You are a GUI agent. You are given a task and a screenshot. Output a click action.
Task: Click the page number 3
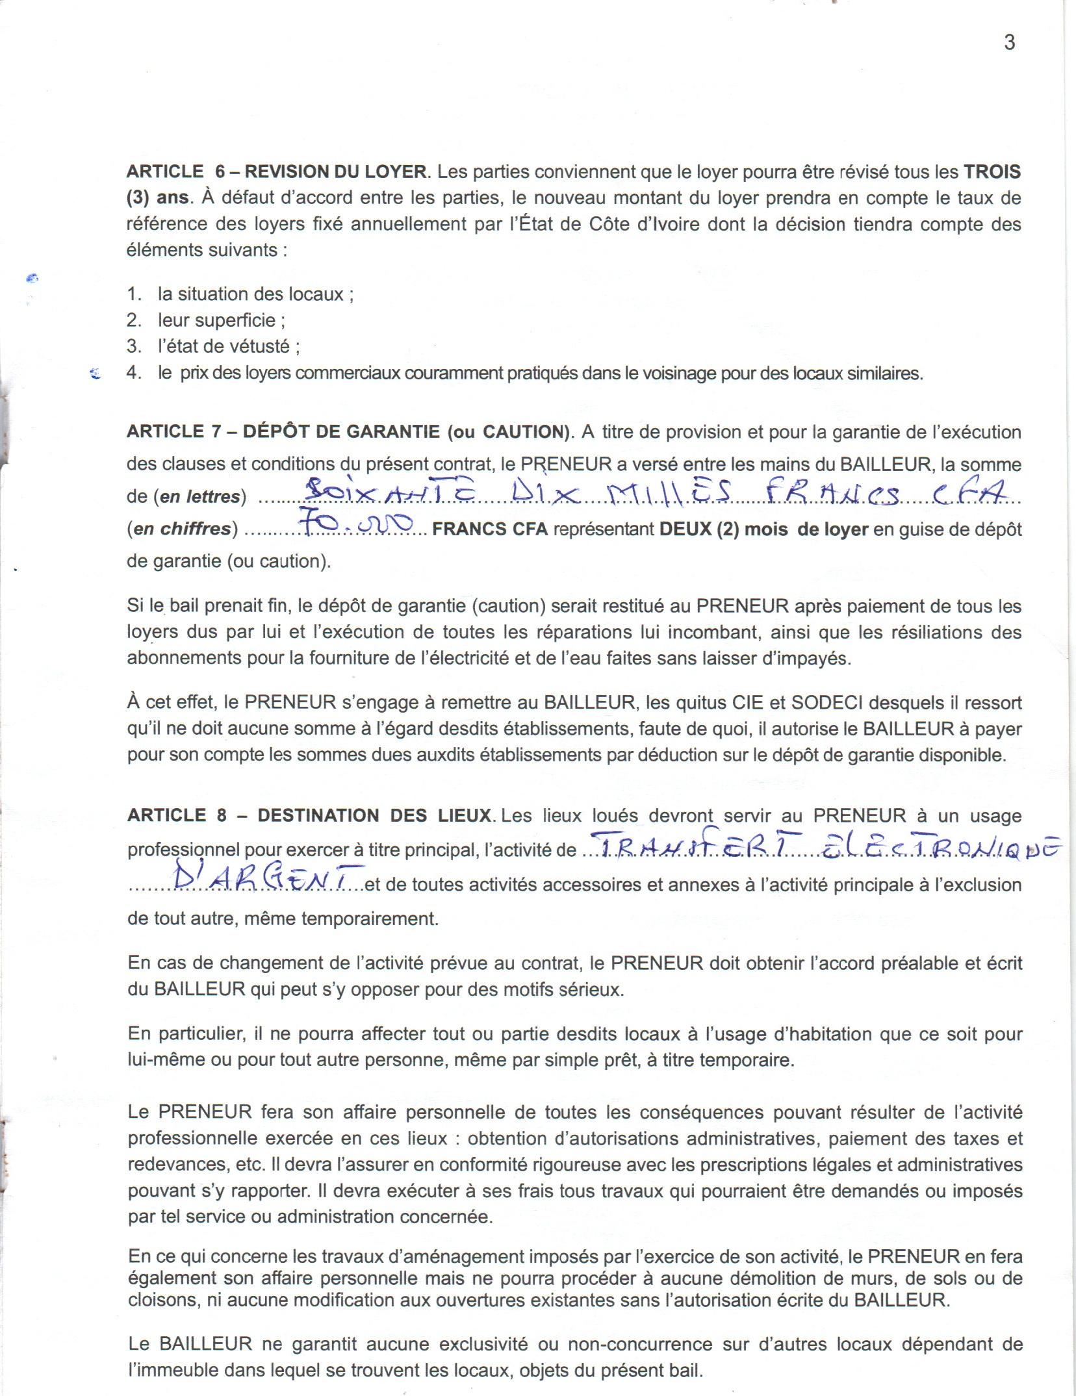tap(1009, 43)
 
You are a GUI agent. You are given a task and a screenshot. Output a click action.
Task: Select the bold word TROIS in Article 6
tap(992, 172)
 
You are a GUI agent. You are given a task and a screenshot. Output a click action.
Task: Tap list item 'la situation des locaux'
tap(255, 294)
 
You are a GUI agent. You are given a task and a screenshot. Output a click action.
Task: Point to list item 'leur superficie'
tap(221, 320)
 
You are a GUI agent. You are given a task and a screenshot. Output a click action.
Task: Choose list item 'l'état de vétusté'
tap(228, 346)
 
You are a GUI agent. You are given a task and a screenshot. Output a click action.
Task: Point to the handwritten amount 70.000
tap(355, 524)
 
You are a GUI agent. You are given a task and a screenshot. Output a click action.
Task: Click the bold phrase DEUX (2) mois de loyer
tap(763, 529)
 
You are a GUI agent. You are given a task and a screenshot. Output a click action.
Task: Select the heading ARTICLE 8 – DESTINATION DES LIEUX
tap(309, 816)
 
